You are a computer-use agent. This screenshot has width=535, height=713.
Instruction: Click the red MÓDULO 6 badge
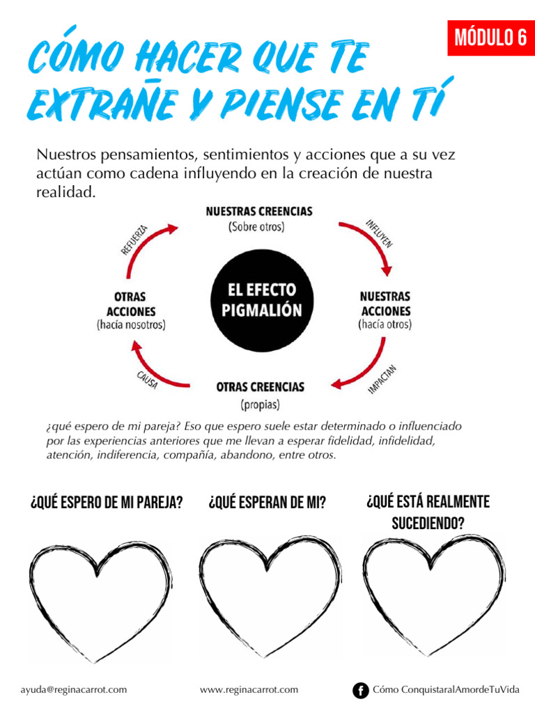(490, 38)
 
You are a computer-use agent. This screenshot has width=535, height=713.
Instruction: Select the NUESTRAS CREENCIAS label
(259, 211)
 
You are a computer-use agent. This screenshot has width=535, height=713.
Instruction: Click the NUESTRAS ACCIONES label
(385, 304)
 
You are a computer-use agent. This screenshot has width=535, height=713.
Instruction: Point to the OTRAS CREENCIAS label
(260, 387)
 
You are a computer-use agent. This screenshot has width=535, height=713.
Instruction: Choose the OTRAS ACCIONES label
(131, 304)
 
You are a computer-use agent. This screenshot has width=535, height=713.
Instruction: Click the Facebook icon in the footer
(360, 690)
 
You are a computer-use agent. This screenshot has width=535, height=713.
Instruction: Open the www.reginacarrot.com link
(249, 690)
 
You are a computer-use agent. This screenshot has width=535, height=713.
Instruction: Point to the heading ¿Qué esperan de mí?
(267, 503)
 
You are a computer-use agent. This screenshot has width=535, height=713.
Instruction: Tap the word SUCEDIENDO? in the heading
(428, 522)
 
